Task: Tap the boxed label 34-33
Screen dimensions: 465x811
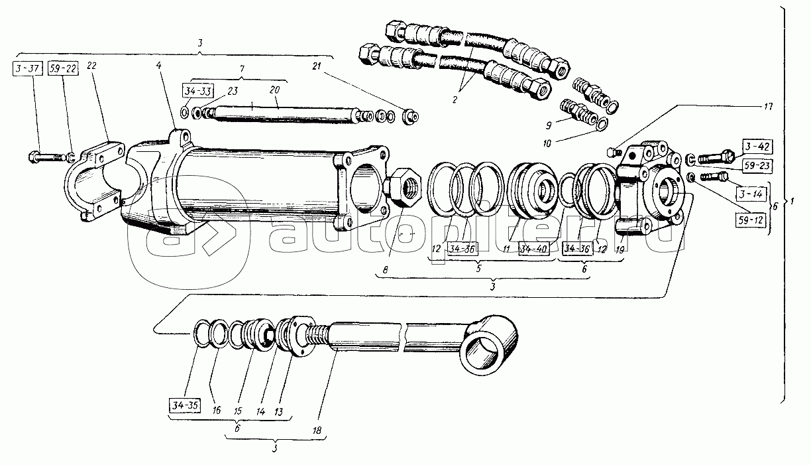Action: point(197,90)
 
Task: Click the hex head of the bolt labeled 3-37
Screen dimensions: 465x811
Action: point(34,157)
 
